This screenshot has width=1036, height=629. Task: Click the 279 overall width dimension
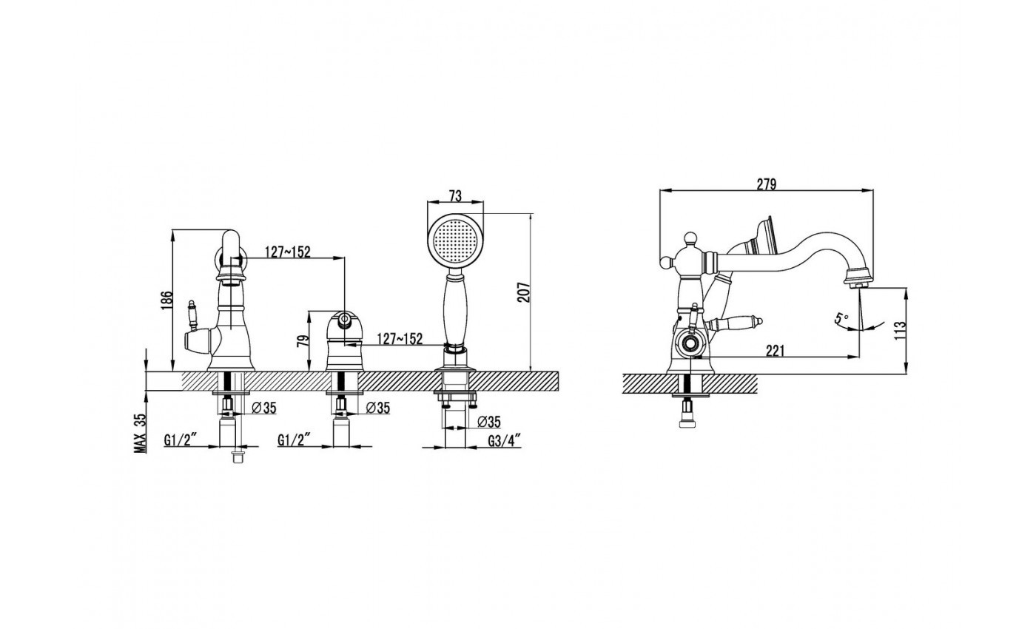point(767,184)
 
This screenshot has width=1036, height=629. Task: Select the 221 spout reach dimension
point(776,351)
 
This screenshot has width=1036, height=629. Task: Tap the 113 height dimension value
point(900,330)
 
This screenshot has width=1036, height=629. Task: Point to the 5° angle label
point(841,317)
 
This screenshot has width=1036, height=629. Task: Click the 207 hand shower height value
point(524,292)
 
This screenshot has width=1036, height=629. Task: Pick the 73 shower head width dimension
point(455,196)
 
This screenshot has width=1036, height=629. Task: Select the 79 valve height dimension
point(303,341)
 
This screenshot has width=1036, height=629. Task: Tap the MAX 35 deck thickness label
point(140,433)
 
